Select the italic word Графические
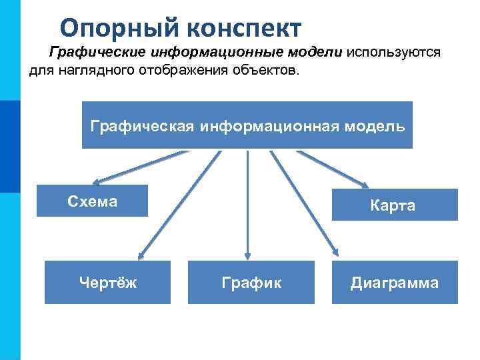pos(94,53)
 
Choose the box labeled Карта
pos(393,205)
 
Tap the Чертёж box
pos(107,283)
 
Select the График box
pos(251,283)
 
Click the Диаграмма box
pos(395,283)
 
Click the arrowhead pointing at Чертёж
pos(141,254)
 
